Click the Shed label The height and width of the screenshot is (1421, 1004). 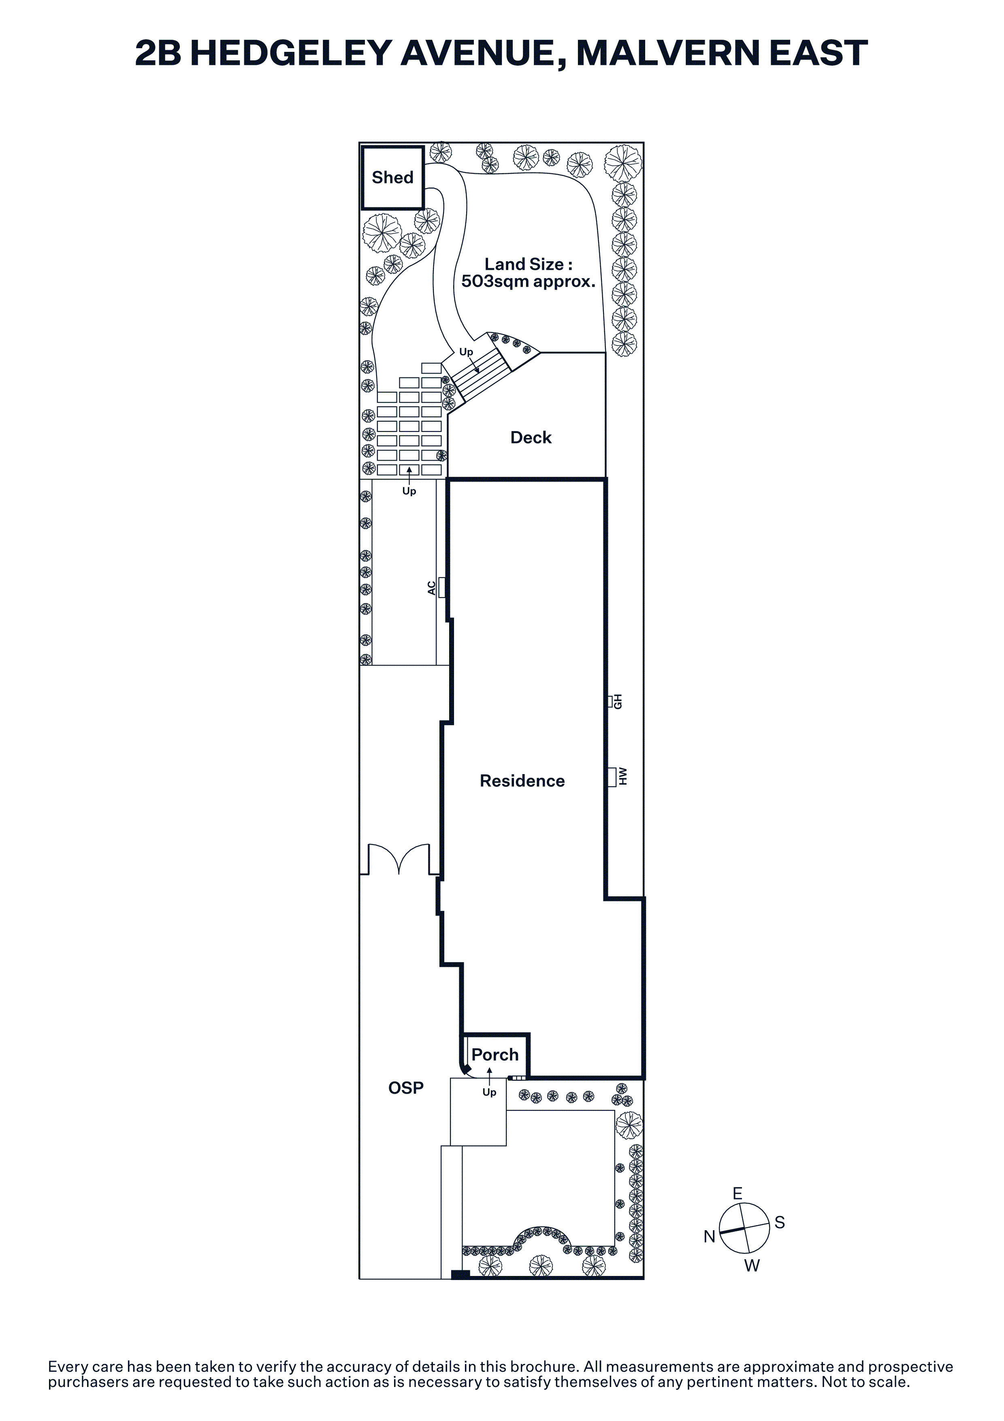tap(392, 177)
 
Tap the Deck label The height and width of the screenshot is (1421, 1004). tap(531, 437)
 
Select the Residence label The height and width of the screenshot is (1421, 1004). tap(522, 781)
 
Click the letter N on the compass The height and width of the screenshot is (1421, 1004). tap(710, 1237)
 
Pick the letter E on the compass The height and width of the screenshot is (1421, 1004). tap(738, 1194)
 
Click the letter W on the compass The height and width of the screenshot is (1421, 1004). tap(752, 1266)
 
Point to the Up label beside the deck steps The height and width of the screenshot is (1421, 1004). tap(466, 352)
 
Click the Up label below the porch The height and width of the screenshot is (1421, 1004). tap(489, 1092)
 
